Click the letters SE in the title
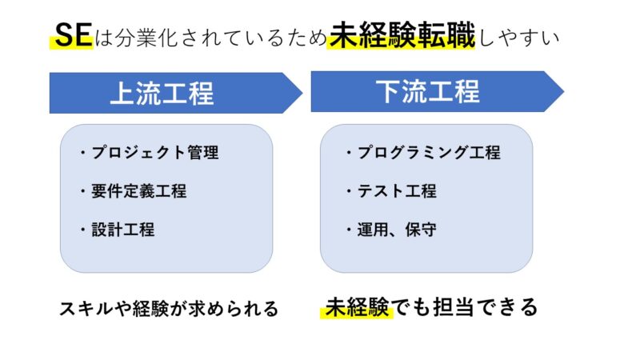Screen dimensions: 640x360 tap(74, 34)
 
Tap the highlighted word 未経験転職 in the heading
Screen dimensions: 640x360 tap(402, 35)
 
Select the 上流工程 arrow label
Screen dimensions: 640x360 tap(162, 93)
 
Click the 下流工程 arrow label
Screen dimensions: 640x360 tap(428, 91)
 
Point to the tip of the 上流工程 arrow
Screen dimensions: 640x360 tap(302, 93)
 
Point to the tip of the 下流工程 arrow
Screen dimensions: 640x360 tap(564, 91)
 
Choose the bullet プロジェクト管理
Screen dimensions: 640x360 tap(150, 153)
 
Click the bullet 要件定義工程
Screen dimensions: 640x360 tap(134, 191)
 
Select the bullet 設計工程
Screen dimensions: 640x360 tap(118, 230)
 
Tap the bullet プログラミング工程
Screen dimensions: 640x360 tap(423, 153)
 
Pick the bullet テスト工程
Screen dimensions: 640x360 tap(391, 191)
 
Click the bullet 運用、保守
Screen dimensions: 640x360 tap(391, 230)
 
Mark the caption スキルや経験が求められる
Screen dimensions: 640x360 tap(169, 309)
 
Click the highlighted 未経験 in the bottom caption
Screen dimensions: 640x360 tap(357, 307)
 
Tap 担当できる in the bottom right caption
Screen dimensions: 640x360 tap(485, 307)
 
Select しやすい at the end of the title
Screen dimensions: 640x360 tap(518, 37)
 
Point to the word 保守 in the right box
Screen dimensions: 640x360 tap(421, 230)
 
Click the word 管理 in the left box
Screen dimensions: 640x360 tap(203, 153)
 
